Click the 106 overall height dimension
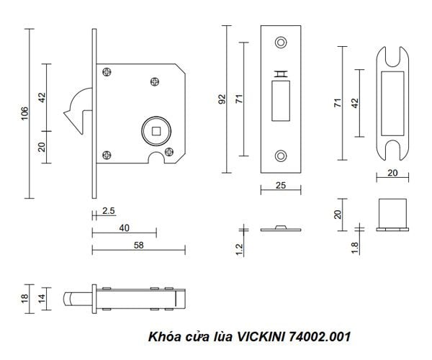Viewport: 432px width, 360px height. (24, 112)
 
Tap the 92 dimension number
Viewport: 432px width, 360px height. (222, 99)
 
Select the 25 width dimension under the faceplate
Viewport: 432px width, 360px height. (281, 186)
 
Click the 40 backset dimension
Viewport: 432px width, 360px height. (124, 228)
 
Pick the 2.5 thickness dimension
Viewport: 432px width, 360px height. (108, 211)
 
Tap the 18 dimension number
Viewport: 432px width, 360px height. (24, 297)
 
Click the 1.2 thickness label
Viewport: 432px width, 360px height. (240, 250)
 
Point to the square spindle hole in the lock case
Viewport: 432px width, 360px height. (156, 130)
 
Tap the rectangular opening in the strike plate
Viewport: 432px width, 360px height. (392, 100)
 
